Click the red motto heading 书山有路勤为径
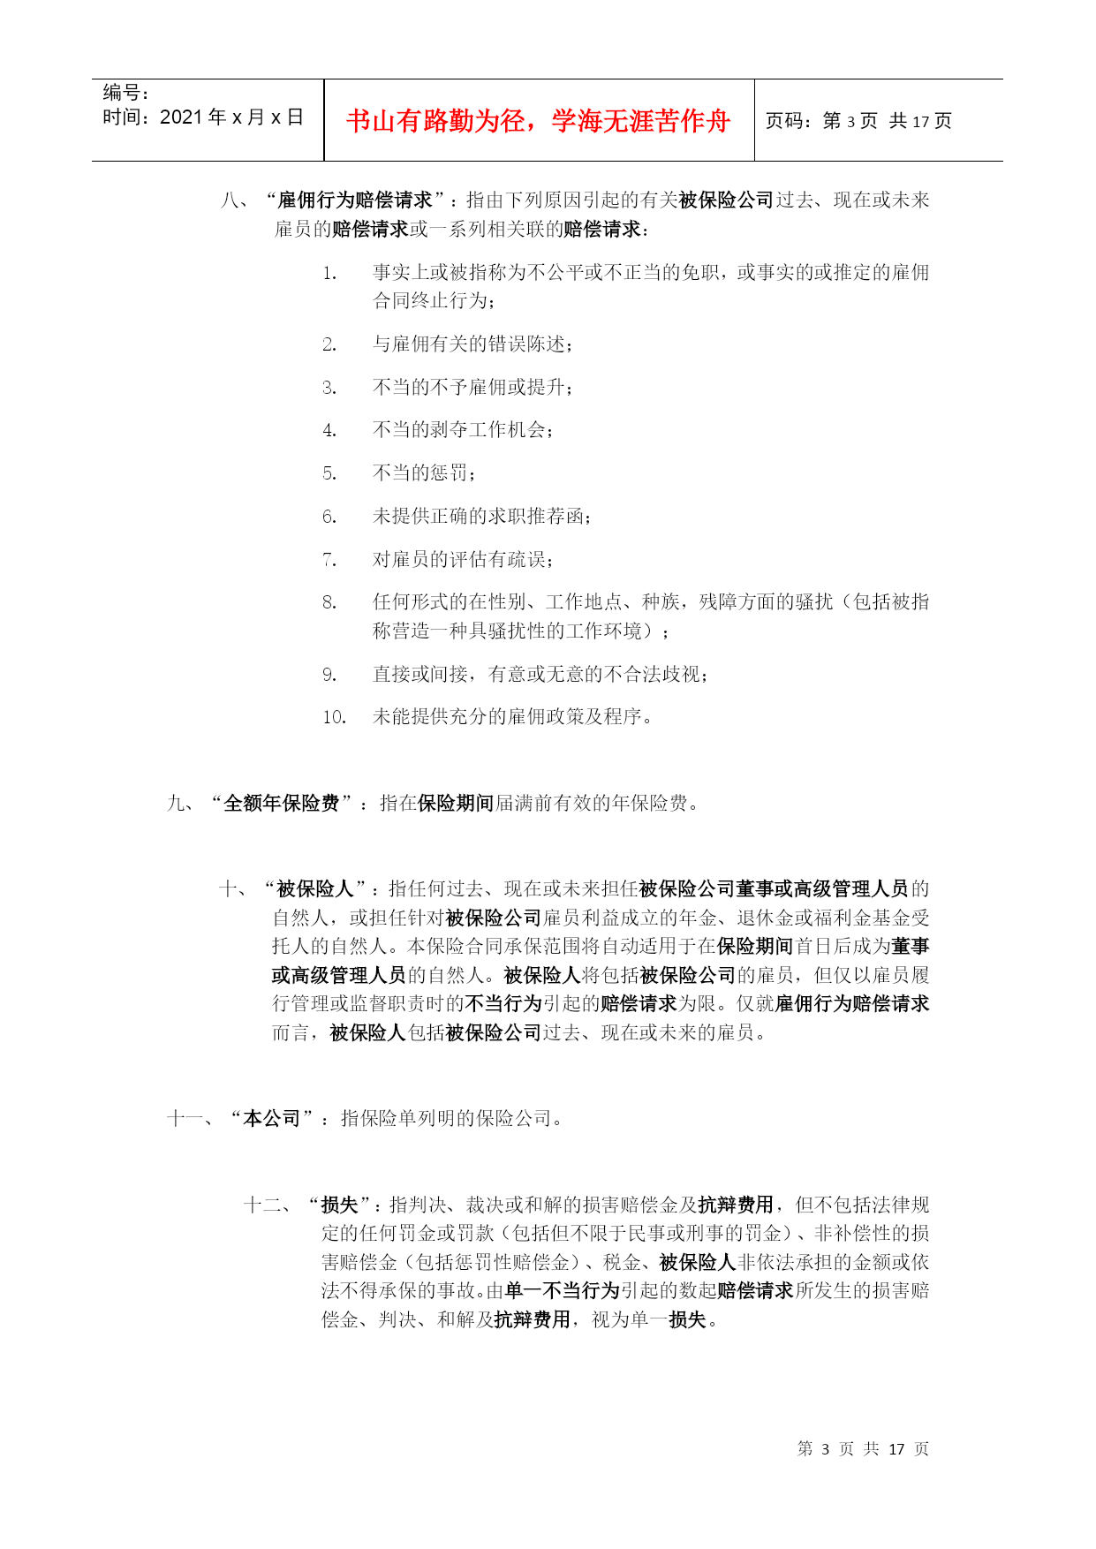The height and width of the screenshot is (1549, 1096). (538, 121)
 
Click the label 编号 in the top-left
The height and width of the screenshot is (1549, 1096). (125, 93)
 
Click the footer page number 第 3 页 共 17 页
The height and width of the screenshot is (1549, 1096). (862, 1448)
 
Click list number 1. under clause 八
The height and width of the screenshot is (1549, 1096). (329, 273)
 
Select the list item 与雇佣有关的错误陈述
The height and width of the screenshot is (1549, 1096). (472, 344)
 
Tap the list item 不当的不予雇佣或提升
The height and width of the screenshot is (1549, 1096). (472, 387)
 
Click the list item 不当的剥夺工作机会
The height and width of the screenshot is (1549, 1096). (462, 430)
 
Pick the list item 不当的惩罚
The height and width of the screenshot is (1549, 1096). (423, 472)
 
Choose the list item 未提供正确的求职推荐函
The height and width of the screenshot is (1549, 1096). (481, 516)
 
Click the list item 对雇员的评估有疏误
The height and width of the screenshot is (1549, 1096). (462, 559)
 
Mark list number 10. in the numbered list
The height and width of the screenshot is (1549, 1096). (334, 716)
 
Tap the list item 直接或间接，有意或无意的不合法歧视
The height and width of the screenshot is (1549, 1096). (540, 674)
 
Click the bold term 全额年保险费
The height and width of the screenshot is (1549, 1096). (282, 803)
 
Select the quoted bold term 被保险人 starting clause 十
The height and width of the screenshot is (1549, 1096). (315, 888)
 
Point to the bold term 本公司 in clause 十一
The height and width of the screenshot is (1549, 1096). (272, 1118)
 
